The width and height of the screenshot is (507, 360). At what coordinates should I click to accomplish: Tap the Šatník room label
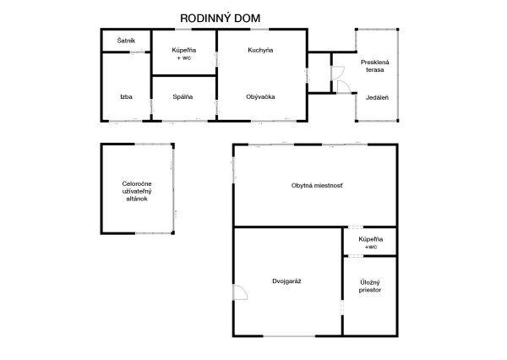125,41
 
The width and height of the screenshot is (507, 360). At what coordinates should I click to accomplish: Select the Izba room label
126,96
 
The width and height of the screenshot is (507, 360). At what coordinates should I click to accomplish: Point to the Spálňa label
183,96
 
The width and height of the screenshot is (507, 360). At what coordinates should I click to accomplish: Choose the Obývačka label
259,96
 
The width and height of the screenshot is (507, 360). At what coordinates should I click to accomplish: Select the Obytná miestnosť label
317,185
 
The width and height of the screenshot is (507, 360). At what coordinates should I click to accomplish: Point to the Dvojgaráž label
287,280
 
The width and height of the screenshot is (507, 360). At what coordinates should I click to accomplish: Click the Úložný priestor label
369,285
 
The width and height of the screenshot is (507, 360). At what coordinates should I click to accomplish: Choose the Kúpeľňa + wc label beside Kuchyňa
183,54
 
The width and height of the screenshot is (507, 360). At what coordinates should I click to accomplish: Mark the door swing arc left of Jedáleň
344,85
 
